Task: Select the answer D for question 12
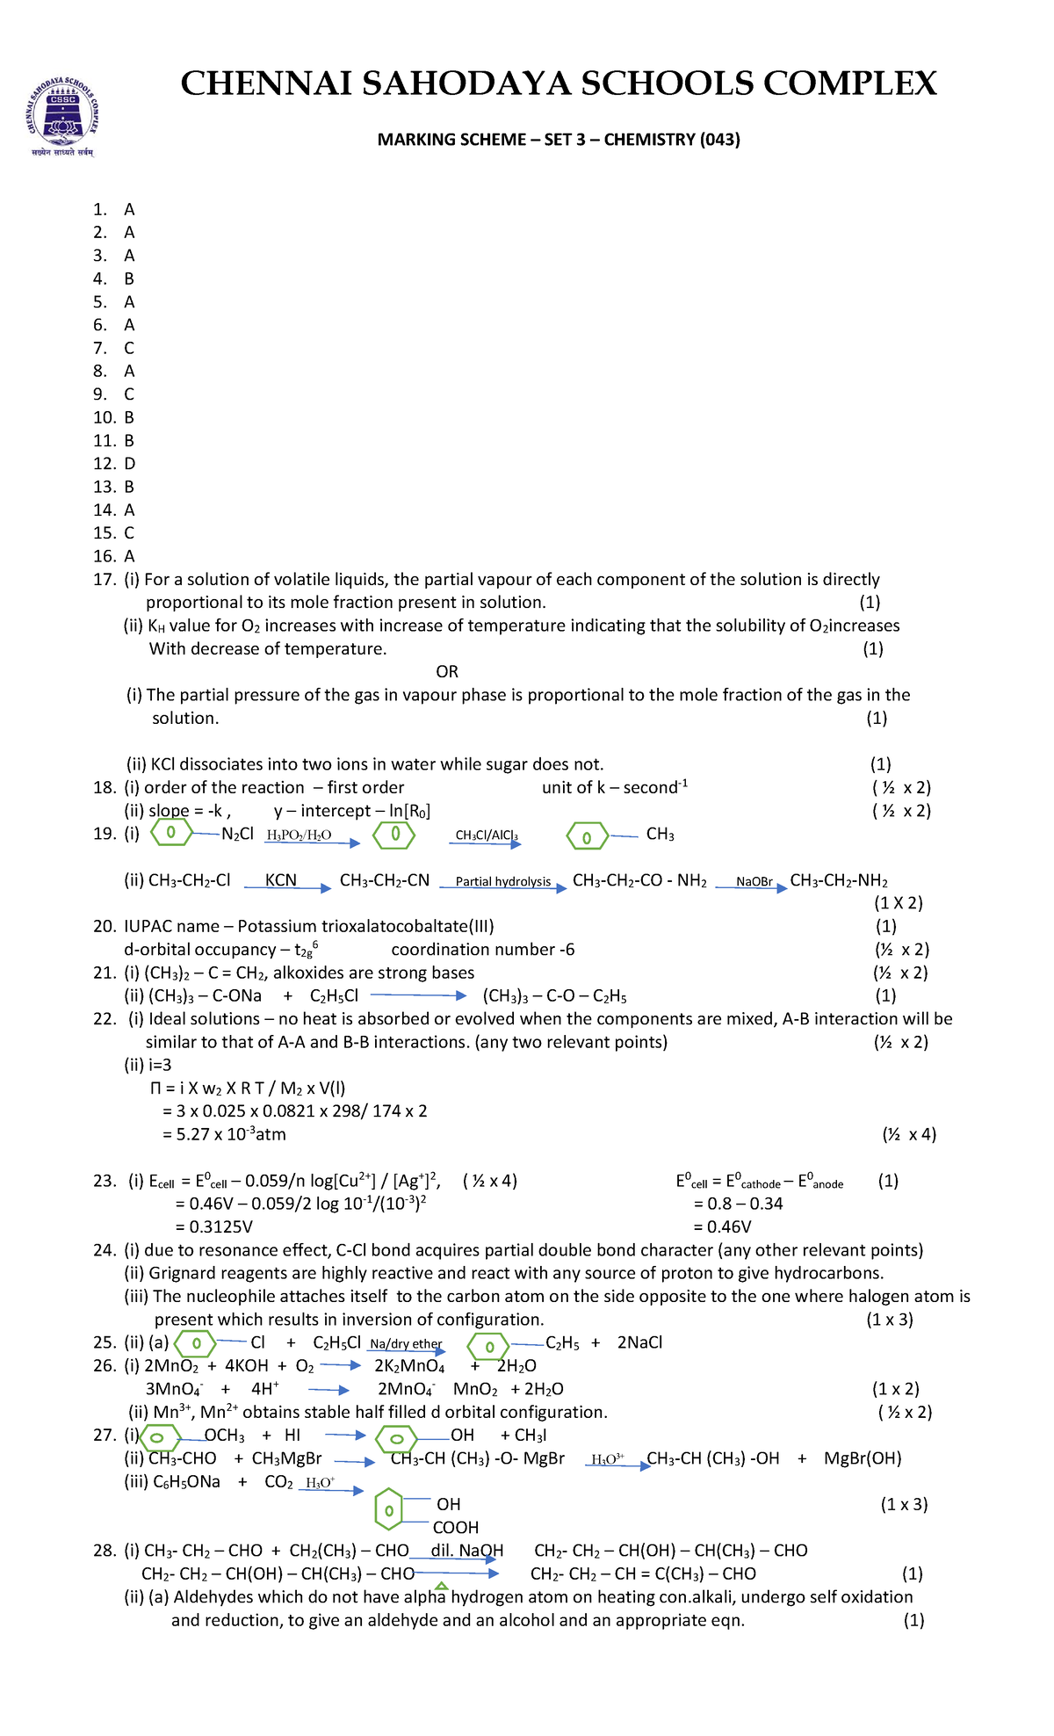pyautogui.click(x=129, y=464)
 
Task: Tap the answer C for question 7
pyautogui.click(x=129, y=348)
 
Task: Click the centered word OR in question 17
pyautogui.click(x=447, y=672)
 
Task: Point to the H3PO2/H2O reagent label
pyautogui.click(x=299, y=835)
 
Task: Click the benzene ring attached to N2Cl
pyautogui.click(x=171, y=833)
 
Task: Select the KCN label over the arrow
pyautogui.click(x=281, y=880)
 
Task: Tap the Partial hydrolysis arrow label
pyautogui.click(x=503, y=882)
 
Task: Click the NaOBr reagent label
pyautogui.click(x=754, y=882)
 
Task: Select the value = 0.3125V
pyautogui.click(x=214, y=1227)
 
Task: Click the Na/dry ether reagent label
pyautogui.click(x=406, y=1344)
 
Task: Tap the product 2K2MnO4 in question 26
pyautogui.click(x=409, y=1367)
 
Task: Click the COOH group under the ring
pyautogui.click(x=455, y=1528)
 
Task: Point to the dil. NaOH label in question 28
pyautogui.click(x=466, y=1551)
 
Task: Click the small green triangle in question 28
pyautogui.click(x=442, y=1586)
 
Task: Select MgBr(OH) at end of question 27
pyautogui.click(x=863, y=1458)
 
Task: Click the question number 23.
pyautogui.click(x=105, y=1182)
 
